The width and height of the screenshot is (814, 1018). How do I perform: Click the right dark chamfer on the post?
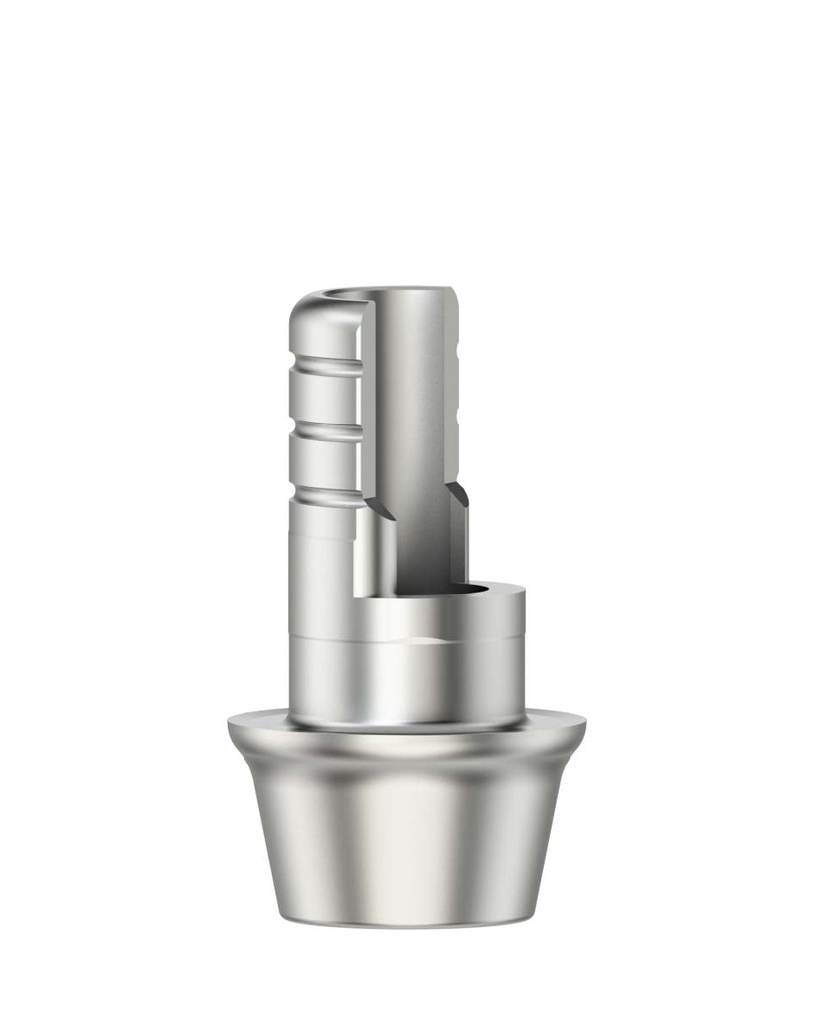(x=457, y=497)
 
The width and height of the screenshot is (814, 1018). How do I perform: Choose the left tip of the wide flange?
(x=231, y=723)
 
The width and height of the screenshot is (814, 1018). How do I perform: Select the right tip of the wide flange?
(x=582, y=723)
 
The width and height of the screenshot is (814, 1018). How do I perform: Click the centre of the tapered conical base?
(x=407, y=835)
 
